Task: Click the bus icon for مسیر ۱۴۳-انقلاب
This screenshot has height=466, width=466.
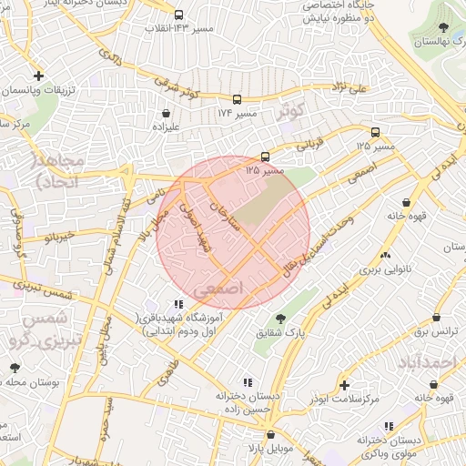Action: click(178, 15)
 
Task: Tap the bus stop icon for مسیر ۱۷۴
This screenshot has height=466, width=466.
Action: click(238, 100)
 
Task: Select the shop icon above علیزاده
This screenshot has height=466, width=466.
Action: click(168, 115)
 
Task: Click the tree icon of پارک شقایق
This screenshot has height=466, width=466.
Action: click(279, 318)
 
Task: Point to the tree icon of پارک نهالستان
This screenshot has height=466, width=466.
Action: click(443, 28)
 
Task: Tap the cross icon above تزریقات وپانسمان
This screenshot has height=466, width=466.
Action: click(37, 76)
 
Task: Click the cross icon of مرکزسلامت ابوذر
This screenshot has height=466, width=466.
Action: click(344, 386)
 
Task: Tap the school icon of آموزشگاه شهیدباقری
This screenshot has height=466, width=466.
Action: click(177, 304)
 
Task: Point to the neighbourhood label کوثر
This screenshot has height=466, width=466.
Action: click(290, 113)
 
